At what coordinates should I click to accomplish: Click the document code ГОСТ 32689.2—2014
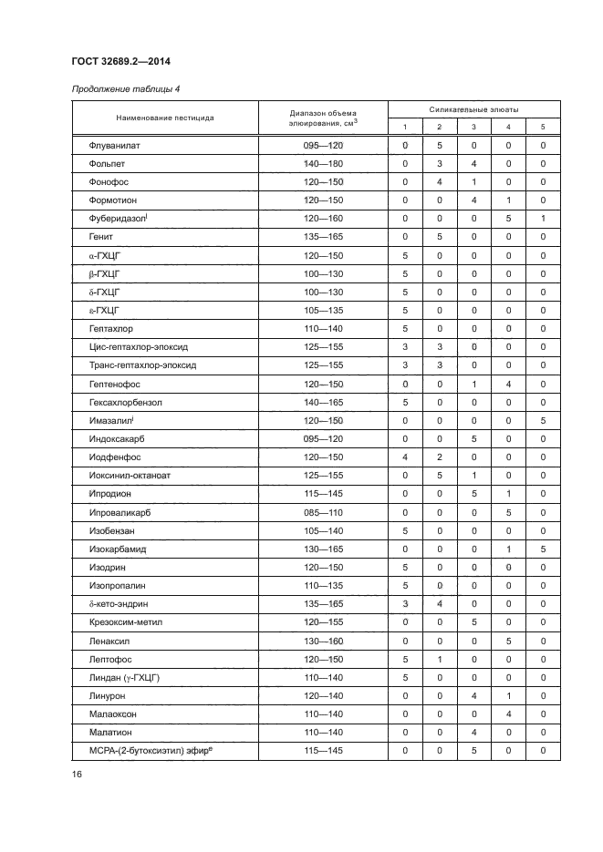[121, 61]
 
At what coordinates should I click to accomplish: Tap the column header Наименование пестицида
[165, 118]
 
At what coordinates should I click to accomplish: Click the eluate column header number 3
[473, 127]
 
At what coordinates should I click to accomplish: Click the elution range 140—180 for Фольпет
[324, 164]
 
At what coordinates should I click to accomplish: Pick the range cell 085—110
[324, 512]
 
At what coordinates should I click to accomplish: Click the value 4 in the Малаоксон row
[508, 713]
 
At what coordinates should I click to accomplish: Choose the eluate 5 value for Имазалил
[543, 420]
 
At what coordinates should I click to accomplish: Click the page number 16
[77, 775]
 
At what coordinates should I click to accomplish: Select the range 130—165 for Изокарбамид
[324, 549]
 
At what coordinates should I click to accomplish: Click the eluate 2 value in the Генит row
[439, 237]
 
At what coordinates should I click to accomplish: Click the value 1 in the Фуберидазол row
[543, 219]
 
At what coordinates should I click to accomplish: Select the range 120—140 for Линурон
[324, 695]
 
